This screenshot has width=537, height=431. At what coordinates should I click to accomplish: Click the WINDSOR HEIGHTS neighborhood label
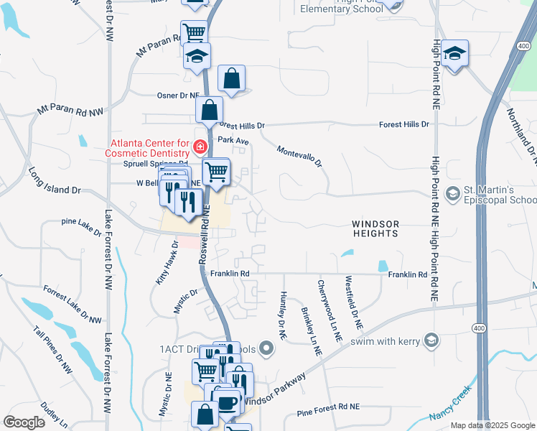pos(375,229)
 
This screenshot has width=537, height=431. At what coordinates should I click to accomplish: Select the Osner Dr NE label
pos(177,95)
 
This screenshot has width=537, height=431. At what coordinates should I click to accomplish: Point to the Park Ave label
pos(233,141)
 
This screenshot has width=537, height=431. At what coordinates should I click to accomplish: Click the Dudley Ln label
pos(54,412)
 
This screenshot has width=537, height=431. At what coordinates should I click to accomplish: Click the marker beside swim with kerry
pos(431,340)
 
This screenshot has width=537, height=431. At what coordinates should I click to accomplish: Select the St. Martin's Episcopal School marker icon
pos(453,193)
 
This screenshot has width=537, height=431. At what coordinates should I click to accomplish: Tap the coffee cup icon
pos(228,404)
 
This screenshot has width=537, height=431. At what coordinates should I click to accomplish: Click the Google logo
pos(24,422)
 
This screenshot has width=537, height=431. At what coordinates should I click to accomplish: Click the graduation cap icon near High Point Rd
pos(454,54)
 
